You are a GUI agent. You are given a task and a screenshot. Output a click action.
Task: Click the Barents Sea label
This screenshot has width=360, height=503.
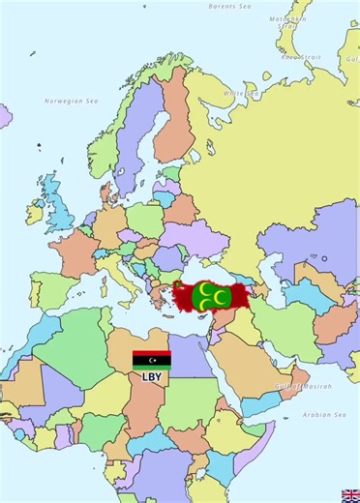(229, 6)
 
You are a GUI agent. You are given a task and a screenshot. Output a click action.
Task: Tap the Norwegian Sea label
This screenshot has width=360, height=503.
(71, 101)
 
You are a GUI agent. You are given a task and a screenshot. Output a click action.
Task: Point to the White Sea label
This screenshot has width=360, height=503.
(241, 93)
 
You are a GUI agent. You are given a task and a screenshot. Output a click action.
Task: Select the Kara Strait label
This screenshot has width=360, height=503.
(300, 57)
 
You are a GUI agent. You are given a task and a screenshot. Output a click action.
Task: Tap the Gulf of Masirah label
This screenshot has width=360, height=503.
(302, 386)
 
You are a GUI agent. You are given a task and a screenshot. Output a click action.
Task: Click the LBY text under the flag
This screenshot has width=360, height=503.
(152, 377)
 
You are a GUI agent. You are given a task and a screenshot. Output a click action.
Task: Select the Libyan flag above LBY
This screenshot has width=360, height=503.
(152, 360)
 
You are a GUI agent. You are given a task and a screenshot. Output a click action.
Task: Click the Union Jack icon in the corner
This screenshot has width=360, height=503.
(350, 495)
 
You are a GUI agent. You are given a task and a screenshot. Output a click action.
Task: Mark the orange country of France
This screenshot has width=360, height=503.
(70, 253)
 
